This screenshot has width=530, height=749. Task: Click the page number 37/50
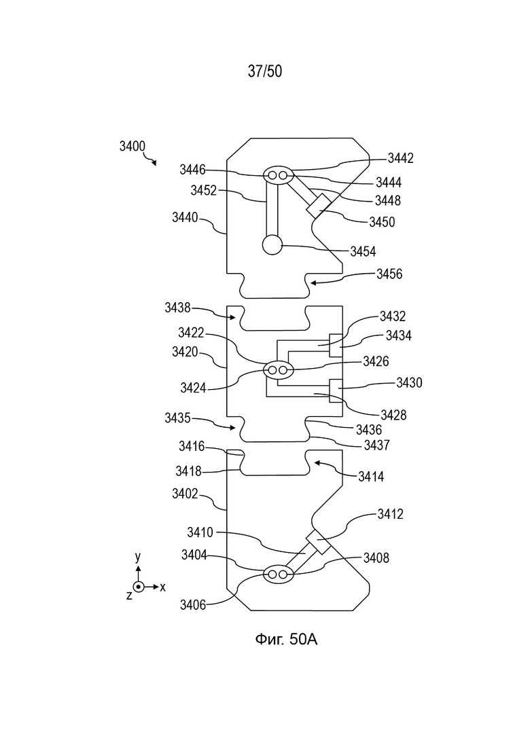[x=265, y=71]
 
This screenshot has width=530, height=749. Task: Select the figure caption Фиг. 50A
[x=286, y=639]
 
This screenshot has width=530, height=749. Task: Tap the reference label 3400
[x=132, y=146]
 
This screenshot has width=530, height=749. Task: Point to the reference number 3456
[x=389, y=274]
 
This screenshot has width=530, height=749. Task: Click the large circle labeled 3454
[x=272, y=245]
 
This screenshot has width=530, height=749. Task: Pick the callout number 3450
[x=382, y=222]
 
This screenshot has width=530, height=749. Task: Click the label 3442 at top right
[x=400, y=158]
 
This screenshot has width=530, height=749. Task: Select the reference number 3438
[x=178, y=308]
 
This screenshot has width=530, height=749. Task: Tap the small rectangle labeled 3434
[x=336, y=345]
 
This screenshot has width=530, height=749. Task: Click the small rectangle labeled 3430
[x=336, y=390]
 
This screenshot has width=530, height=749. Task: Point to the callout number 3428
[x=393, y=415]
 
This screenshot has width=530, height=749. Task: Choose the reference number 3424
[x=193, y=388]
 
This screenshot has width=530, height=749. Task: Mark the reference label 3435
[x=178, y=418]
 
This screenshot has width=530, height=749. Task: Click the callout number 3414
[x=371, y=476]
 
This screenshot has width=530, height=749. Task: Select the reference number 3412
[x=391, y=514]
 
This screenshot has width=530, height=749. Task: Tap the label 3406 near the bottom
[x=193, y=605]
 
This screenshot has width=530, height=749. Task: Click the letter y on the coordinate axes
[x=138, y=557]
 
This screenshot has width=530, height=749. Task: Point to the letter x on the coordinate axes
[x=162, y=587]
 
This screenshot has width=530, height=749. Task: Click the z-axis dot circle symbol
[x=138, y=587]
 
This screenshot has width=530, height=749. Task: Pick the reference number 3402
[x=185, y=494]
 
